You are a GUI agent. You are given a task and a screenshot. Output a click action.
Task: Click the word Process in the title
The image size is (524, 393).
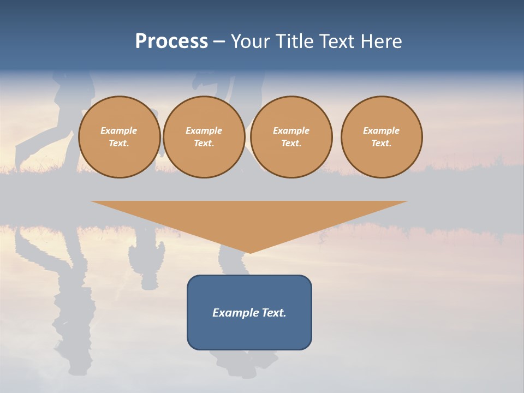(x=171, y=41)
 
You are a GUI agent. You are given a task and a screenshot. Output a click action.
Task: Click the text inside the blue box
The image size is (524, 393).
(x=249, y=313)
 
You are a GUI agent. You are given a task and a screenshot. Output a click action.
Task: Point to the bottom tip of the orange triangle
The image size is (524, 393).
(x=249, y=252)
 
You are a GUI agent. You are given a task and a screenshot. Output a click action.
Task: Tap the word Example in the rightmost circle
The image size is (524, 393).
(x=381, y=130)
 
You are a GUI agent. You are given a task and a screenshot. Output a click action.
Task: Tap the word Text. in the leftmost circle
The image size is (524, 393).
(x=119, y=144)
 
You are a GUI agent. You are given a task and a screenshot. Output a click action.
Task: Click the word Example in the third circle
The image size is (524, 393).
(x=291, y=130)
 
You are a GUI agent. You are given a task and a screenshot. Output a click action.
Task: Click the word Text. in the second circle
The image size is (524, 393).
(x=204, y=144)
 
